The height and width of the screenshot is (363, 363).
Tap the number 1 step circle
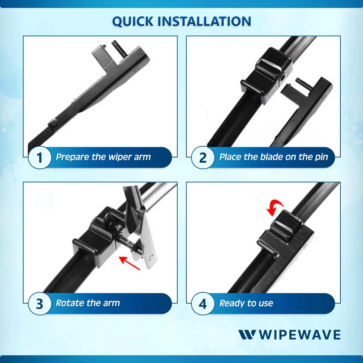click(40, 158)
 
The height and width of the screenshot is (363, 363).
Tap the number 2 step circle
click(203, 158)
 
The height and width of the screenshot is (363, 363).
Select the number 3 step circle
click(40, 304)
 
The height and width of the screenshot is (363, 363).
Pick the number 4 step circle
click(203, 304)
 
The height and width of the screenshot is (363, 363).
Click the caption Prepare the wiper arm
click(103, 157)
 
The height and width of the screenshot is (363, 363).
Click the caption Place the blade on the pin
click(273, 157)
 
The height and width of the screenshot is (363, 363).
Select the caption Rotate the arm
click(88, 303)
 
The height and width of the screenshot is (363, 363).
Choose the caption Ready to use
click(246, 303)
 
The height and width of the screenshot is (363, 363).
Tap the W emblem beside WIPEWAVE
click(247, 335)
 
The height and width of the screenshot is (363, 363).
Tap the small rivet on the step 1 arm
click(54, 122)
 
